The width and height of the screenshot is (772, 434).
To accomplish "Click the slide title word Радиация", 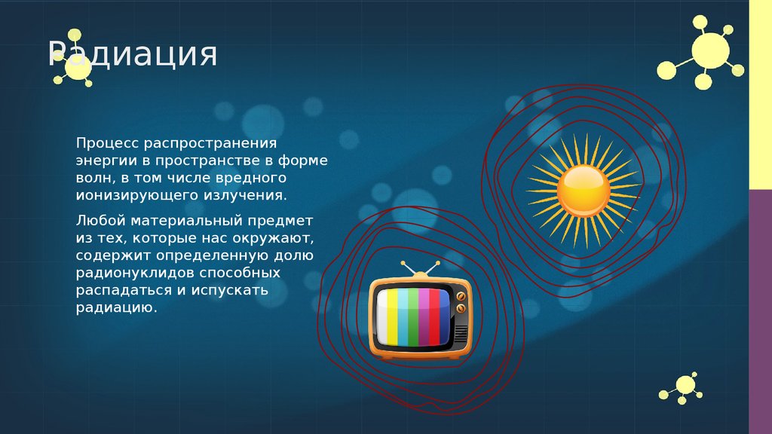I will point(133,55).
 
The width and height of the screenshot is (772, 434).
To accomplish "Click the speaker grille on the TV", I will point(461,332).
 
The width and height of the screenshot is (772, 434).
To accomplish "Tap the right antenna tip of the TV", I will point(437,265).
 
